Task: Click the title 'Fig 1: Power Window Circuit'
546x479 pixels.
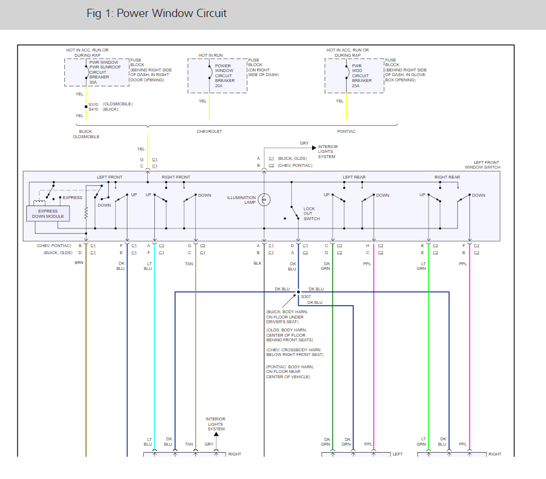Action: click(156, 13)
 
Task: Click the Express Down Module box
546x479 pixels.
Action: click(48, 214)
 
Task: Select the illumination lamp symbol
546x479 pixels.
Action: click(264, 200)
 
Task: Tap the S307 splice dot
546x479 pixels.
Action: click(298, 292)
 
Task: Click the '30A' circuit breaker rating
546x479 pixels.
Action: click(94, 83)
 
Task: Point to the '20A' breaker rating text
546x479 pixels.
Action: click(219, 85)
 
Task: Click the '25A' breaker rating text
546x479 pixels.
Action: click(356, 85)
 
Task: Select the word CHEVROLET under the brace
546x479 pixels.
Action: click(209, 132)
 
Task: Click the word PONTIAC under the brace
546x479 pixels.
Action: click(346, 132)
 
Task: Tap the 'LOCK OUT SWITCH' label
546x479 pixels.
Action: click(312, 214)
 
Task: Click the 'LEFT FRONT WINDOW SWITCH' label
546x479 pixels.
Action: click(482, 165)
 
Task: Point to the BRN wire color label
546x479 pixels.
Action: click(79, 264)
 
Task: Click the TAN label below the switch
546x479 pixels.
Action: click(189, 264)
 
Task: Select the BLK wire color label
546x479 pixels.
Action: click(258, 264)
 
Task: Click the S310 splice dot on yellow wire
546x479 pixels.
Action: click(86, 107)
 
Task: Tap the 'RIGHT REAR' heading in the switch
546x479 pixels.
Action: click(447, 177)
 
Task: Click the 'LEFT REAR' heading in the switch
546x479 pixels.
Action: click(354, 177)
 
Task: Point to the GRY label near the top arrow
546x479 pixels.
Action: click(304, 143)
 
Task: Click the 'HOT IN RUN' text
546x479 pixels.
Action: click(210, 55)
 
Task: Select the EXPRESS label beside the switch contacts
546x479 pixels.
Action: click(72, 198)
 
